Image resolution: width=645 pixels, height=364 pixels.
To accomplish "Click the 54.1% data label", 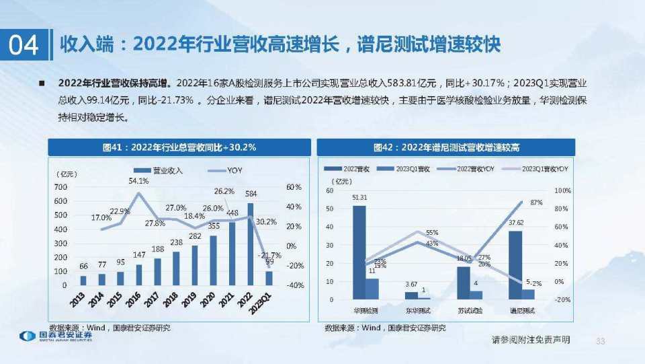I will click(x=138, y=181).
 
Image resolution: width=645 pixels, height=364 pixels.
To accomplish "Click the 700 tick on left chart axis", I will click(x=60, y=186).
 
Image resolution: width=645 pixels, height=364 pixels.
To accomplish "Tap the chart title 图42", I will click(x=446, y=147).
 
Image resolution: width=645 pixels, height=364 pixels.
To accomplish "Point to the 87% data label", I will click(x=536, y=202).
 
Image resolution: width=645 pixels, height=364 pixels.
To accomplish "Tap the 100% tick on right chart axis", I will click(x=562, y=191).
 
